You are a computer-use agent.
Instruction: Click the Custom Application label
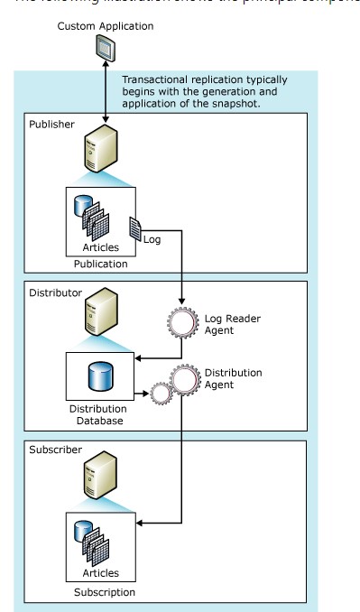106,27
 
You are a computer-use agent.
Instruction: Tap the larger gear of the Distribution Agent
187,382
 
